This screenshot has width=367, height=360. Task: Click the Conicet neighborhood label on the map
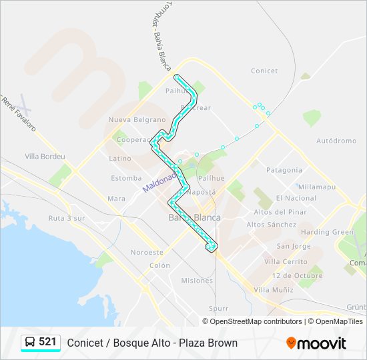[x=264, y=71]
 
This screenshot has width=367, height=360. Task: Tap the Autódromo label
[x=336, y=141]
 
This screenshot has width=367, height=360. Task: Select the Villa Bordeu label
[x=45, y=157]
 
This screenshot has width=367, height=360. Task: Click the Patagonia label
[x=284, y=170]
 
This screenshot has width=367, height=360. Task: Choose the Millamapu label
[x=317, y=187]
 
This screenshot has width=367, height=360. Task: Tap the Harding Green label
[x=327, y=232]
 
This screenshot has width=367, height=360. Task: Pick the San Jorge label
[x=294, y=247]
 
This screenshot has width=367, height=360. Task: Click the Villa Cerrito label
[x=286, y=262]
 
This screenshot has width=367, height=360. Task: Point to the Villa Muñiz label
[x=274, y=290]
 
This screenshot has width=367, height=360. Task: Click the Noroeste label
[x=147, y=253]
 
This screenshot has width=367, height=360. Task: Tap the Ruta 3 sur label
[x=67, y=218]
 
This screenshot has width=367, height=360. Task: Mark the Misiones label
[x=197, y=281]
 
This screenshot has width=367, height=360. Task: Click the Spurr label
[x=218, y=309]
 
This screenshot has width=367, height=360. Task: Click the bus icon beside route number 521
[x=30, y=343]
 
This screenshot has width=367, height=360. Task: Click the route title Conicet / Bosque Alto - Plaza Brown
[x=152, y=343]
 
